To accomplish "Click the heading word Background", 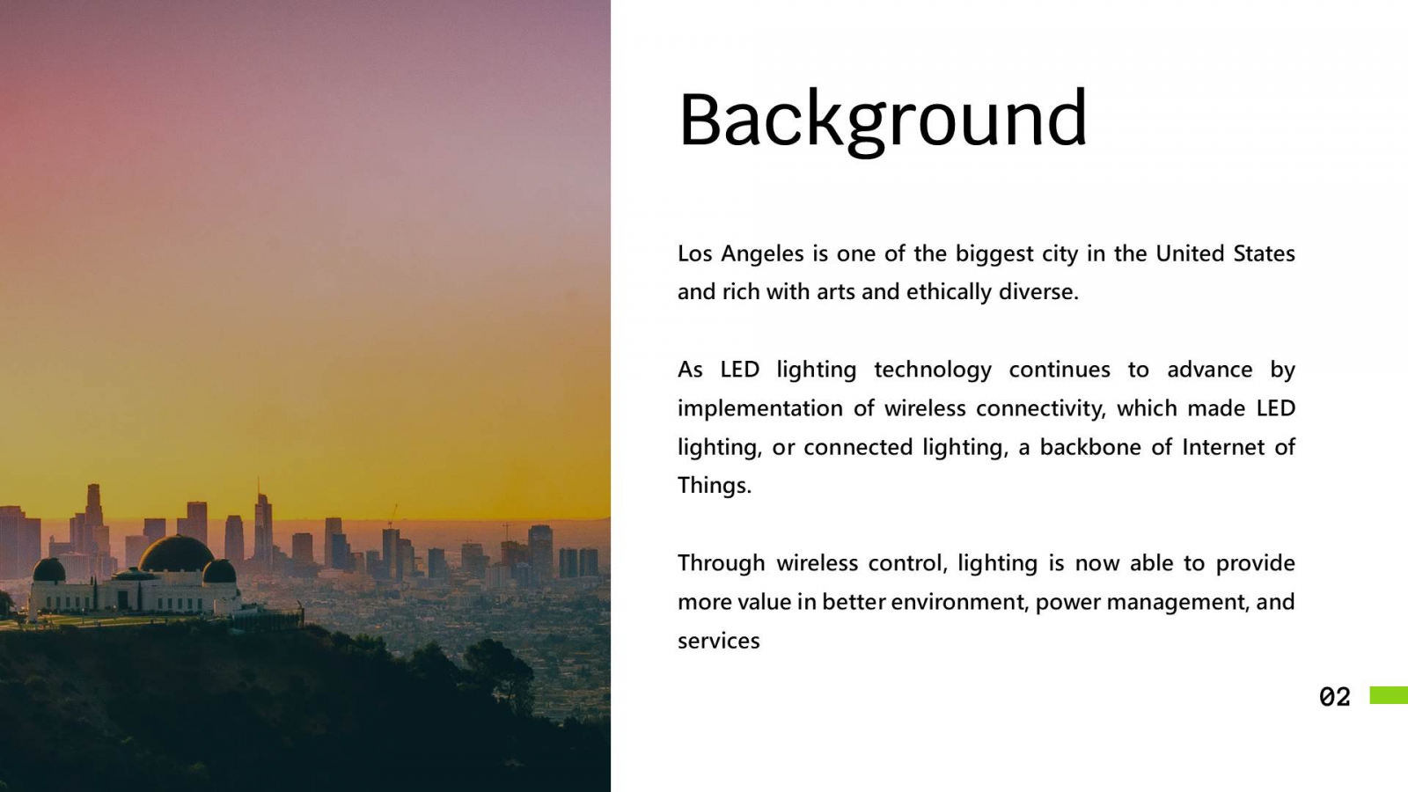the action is (883, 120).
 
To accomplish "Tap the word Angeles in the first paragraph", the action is (762, 254).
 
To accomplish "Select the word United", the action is (1189, 253).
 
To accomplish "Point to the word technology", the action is (933, 370).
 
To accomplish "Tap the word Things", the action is (715, 486).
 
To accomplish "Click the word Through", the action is (721, 564).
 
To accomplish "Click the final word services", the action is (718, 642).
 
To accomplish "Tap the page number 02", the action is (1334, 696).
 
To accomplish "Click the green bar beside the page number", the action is (1389, 695).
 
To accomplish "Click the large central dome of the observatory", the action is (177, 554).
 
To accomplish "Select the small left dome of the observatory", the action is (49, 569).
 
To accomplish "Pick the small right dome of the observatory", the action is (219, 571).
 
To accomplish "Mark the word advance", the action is (1210, 370).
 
